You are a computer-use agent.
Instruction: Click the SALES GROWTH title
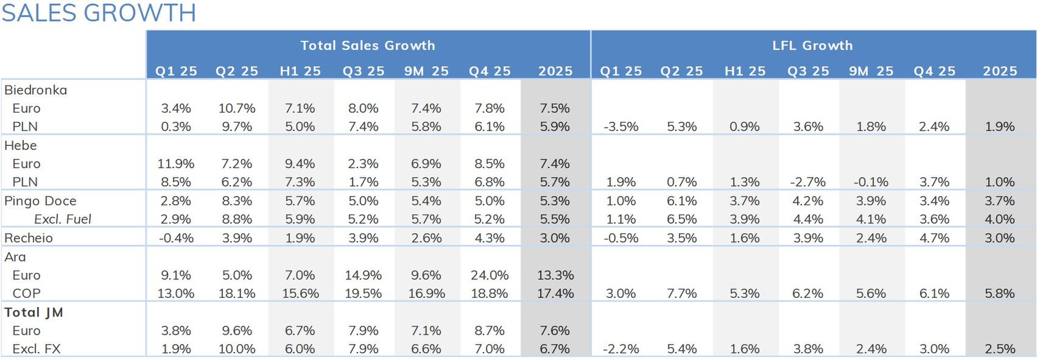[x=99, y=13]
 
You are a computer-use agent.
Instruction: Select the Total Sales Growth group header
[x=368, y=46]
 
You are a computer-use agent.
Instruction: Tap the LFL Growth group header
[x=812, y=46]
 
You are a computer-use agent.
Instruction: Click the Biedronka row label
[x=35, y=90]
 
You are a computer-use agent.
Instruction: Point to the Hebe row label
[x=21, y=146]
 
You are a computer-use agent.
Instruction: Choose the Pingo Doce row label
[x=40, y=201]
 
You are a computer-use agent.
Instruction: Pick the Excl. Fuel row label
[x=62, y=219]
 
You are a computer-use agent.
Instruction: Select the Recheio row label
[x=29, y=238]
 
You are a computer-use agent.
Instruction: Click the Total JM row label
[x=33, y=312]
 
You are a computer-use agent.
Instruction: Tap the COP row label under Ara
[x=26, y=294]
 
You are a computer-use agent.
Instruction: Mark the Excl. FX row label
[x=37, y=349]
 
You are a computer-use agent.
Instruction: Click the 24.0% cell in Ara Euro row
[x=490, y=275]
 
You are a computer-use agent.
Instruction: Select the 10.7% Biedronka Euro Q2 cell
[x=237, y=108]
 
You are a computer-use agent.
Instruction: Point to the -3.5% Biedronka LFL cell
[x=621, y=127]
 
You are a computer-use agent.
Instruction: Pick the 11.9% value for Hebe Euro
[x=176, y=164]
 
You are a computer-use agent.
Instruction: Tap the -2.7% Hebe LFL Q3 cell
[x=808, y=182]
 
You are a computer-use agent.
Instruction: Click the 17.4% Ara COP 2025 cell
[x=555, y=294]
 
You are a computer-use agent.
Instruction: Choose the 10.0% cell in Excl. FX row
[x=237, y=349]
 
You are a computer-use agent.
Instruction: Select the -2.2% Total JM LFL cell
[x=621, y=349]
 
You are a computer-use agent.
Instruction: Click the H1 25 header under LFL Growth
[x=745, y=71]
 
